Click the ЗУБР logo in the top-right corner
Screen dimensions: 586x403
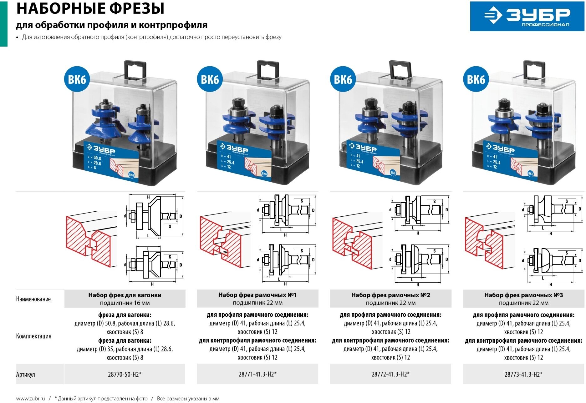527,16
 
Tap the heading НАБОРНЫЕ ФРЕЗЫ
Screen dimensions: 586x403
90,9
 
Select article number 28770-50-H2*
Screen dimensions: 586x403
125,374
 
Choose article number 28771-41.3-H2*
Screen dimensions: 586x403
257,374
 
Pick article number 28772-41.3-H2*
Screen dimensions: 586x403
390,374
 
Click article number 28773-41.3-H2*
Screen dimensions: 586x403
523,374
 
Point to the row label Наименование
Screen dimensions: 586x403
33,299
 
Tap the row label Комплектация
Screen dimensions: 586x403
34,336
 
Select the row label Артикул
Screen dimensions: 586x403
26,374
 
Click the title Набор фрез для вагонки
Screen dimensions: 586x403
125,295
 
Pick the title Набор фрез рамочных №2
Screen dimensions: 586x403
390,295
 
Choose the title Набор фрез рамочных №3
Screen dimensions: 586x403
523,295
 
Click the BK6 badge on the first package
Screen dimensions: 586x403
77,79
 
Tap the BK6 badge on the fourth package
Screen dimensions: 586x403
476,79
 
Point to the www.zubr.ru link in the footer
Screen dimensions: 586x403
30,399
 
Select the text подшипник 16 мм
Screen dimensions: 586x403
125,303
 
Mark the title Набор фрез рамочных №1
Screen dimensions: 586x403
257,295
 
